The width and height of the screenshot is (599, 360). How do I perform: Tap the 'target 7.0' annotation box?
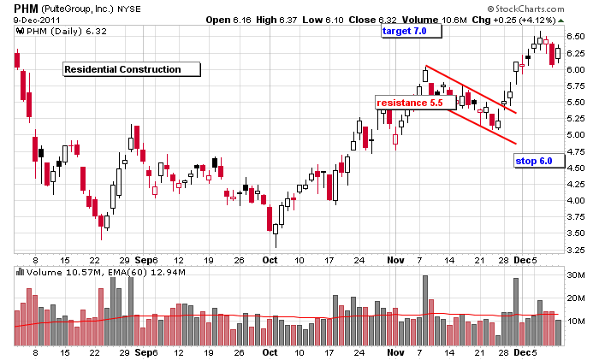point(411,32)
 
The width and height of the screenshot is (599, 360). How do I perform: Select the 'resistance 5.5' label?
point(409,102)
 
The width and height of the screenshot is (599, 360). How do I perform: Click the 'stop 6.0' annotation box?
point(539,161)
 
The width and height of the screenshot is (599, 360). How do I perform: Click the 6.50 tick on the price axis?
point(577,37)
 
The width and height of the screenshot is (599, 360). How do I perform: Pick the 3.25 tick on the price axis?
point(577,249)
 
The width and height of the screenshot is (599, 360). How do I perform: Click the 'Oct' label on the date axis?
point(270,258)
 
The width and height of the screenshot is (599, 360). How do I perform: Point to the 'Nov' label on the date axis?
point(394,258)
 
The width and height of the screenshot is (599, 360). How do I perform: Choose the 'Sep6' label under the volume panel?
point(147,351)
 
